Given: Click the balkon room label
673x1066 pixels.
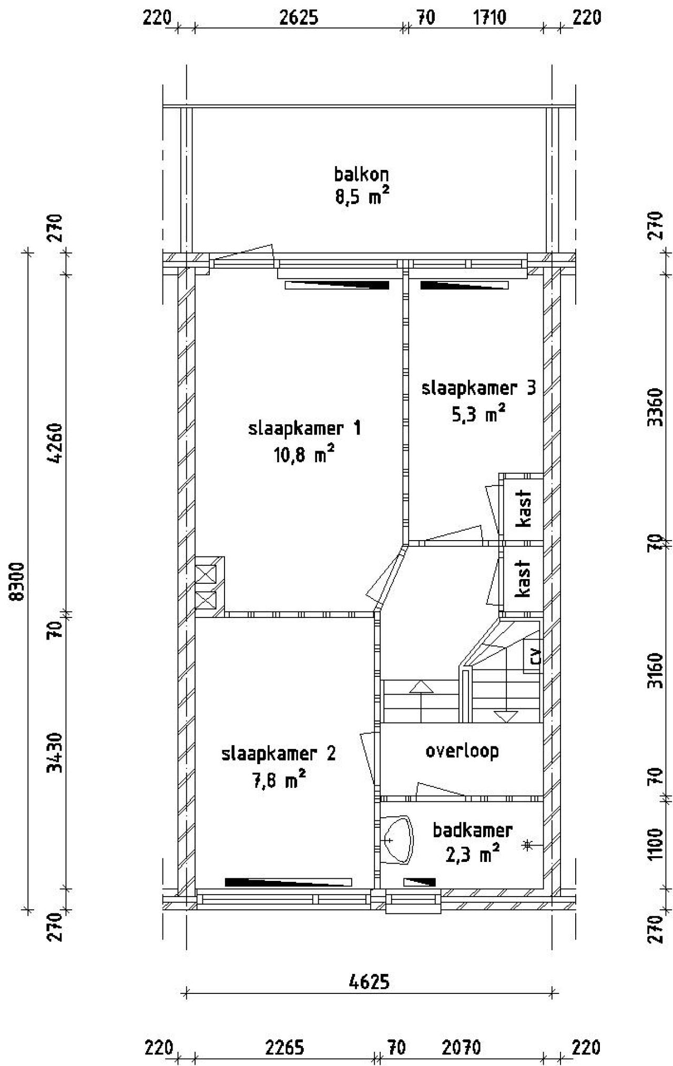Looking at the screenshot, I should click(x=361, y=174).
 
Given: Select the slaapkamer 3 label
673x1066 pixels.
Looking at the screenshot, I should click(x=478, y=389).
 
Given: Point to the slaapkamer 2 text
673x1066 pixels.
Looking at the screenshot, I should click(x=279, y=754).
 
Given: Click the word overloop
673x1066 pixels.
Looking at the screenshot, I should click(x=462, y=750).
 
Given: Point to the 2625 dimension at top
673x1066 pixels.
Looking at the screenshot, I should click(x=298, y=18).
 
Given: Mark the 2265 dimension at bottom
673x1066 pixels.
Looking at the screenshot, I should click(x=284, y=1048).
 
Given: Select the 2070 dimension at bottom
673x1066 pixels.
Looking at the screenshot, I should click(x=461, y=1048).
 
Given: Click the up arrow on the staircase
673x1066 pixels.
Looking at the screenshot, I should click(x=421, y=687).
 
